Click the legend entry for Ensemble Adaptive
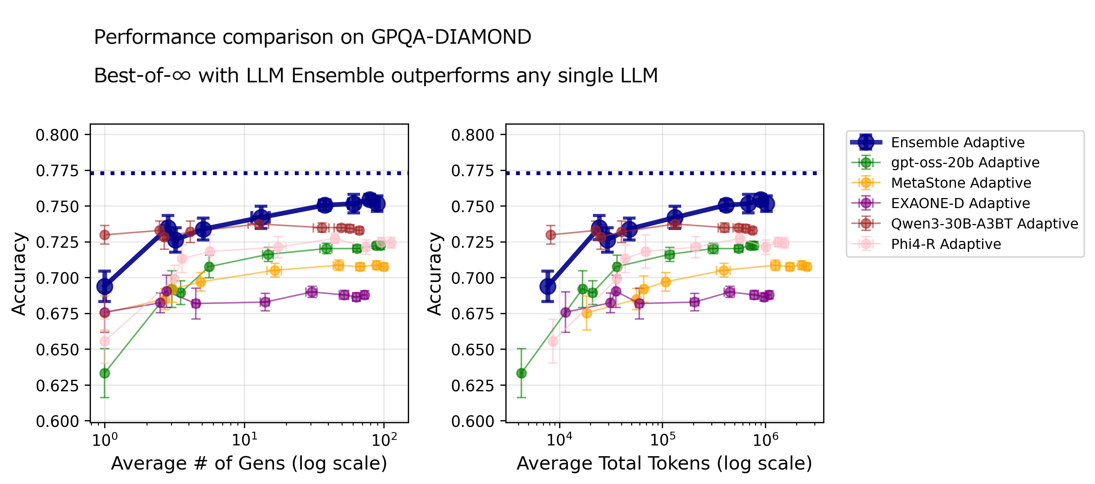957,142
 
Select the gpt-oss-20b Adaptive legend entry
965,162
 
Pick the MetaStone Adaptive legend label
961,183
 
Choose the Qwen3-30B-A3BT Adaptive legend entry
984,224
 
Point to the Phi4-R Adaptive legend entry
946,244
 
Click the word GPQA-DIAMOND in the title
451,37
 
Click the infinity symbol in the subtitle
181,76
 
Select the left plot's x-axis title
249,463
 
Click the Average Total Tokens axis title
664,463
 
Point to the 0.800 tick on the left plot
57,135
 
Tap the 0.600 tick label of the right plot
473,421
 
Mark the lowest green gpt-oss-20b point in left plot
105,373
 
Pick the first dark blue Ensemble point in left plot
105,286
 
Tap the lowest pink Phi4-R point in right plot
553,342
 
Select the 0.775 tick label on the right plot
473,171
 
